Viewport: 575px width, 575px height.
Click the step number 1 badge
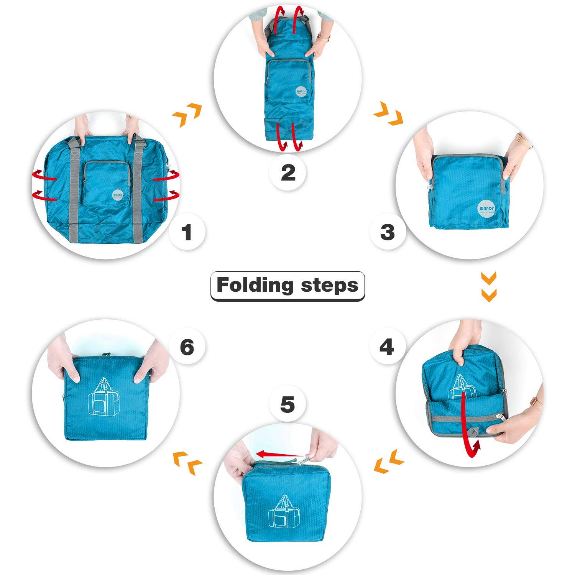(187, 232)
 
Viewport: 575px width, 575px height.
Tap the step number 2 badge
(288, 172)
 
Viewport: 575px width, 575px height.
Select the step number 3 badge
(388, 232)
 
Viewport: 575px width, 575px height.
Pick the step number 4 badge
(386, 347)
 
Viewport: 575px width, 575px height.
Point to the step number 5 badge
(287, 405)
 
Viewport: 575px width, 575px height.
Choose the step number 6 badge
(187, 347)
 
